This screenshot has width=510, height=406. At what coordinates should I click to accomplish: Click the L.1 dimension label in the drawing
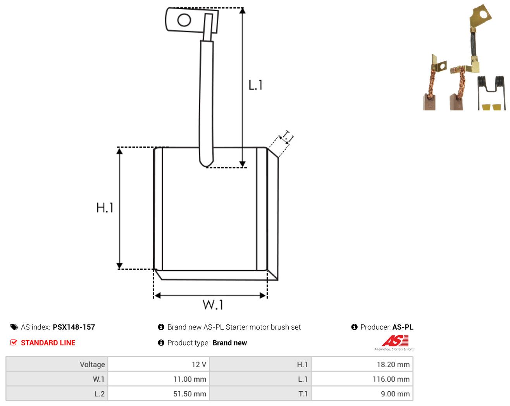[x=255, y=85]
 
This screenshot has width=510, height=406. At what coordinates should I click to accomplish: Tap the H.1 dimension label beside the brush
[x=105, y=208]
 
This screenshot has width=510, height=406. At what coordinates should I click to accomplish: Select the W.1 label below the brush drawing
[x=213, y=304]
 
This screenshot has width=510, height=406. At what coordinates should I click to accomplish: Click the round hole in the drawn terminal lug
[x=184, y=20]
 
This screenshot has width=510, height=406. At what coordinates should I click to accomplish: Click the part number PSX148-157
[x=74, y=327]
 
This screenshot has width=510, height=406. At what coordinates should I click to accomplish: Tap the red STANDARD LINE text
[x=48, y=342]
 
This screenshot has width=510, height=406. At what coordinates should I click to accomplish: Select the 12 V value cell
[x=159, y=364]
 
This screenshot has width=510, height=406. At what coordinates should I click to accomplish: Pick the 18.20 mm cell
[x=362, y=364]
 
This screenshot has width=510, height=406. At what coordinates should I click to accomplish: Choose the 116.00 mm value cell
[x=362, y=379]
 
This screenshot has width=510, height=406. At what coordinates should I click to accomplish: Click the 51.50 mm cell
[x=159, y=394]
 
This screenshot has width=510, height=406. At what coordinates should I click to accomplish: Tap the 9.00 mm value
[x=395, y=394]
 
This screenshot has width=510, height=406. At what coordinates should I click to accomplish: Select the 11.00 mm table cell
[x=159, y=379]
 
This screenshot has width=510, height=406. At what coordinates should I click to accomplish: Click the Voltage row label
[x=92, y=364]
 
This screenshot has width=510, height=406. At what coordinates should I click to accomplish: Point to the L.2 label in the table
[x=100, y=394]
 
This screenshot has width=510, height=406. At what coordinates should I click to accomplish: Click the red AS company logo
[x=395, y=341]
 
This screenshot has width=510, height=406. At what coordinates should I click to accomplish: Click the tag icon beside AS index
[x=14, y=327]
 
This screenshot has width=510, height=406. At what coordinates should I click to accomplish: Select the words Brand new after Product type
[x=229, y=342]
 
